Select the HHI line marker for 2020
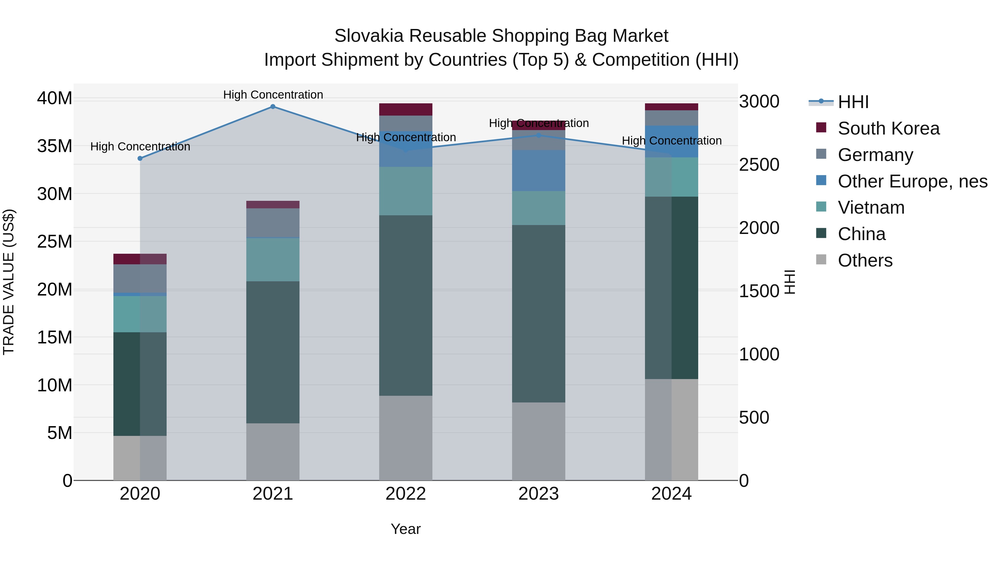(140, 158)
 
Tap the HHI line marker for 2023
(539, 135)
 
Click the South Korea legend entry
(888, 128)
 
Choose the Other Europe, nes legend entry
(912, 181)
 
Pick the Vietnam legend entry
(871, 207)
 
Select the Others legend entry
(865, 260)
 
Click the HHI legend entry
(853, 102)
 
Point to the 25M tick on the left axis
(55, 242)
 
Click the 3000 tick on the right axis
(759, 102)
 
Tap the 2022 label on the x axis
(405, 494)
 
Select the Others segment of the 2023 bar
(539, 441)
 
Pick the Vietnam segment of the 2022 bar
(405, 191)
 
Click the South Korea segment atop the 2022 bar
(405, 109)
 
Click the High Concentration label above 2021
(273, 95)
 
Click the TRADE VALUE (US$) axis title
(9, 282)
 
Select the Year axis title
(405, 529)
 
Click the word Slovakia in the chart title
(368, 36)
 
